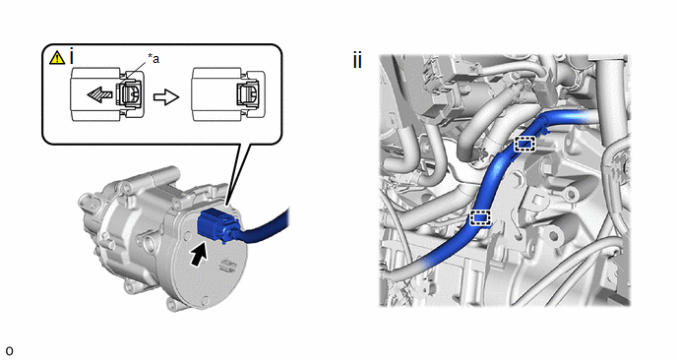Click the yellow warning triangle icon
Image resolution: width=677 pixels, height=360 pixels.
(x=57, y=57)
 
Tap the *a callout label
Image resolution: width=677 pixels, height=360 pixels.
(x=154, y=58)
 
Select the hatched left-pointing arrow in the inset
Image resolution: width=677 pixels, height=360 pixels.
(x=100, y=94)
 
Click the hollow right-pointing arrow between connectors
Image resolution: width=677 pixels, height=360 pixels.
(x=166, y=97)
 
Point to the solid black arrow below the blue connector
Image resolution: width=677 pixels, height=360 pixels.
(x=198, y=255)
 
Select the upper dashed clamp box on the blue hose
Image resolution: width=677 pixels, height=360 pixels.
(x=525, y=144)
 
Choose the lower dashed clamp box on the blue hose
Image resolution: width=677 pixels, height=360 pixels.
(x=480, y=218)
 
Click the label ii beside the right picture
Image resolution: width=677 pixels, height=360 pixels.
(x=357, y=60)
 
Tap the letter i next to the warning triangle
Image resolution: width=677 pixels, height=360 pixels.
(x=72, y=57)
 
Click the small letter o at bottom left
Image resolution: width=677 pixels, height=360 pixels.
(x=9, y=350)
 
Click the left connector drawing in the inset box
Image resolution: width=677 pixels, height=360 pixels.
(x=107, y=93)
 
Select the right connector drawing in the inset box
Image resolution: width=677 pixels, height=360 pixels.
(x=228, y=93)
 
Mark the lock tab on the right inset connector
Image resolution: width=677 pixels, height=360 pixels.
(x=249, y=94)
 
